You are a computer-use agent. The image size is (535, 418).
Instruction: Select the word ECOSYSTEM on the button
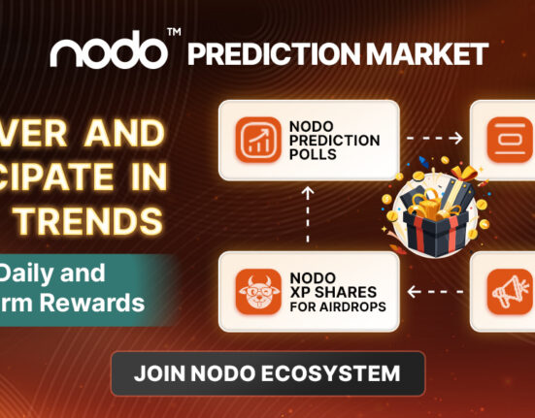click(x=334, y=372)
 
